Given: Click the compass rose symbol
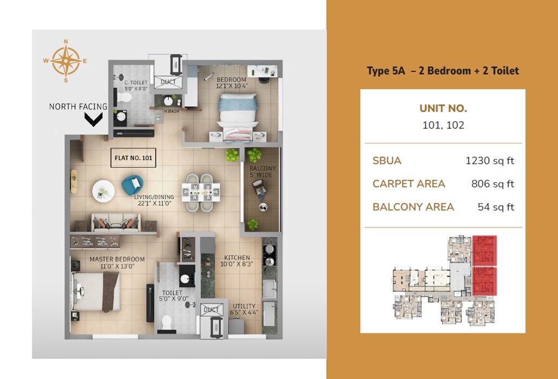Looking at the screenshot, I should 66,61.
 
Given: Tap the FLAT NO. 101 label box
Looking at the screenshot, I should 133,159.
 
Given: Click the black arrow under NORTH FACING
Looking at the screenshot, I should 94,119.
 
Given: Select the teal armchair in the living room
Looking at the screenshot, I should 132,185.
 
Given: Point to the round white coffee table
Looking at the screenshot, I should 102,190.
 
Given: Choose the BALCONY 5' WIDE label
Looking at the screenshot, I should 262,172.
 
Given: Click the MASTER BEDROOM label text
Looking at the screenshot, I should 117,263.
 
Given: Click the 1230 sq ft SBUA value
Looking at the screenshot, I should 490,161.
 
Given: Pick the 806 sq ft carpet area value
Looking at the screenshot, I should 492,184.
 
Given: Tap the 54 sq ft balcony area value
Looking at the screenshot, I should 496,207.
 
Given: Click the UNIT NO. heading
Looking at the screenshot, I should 443,108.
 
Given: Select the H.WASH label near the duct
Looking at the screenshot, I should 172,112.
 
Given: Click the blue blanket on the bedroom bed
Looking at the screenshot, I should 237,102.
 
